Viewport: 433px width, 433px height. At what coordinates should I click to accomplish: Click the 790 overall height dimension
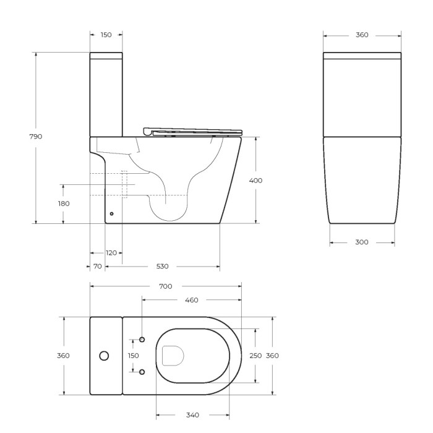tap(36, 137)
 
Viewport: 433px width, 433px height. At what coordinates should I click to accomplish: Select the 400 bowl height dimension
tap(255, 181)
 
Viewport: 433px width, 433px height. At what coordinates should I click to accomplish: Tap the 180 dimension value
tap(64, 204)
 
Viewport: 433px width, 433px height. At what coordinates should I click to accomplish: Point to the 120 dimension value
tap(111, 253)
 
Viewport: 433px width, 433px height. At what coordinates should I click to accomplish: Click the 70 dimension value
tap(98, 267)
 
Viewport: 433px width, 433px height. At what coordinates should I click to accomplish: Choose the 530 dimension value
tap(162, 267)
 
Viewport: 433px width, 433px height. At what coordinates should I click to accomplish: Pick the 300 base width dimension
tap(362, 242)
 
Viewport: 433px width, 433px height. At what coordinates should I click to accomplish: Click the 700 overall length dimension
tap(165, 286)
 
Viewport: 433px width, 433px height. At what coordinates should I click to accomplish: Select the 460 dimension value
tap(192, 300)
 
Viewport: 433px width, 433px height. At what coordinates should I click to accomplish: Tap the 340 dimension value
tap(192, 414)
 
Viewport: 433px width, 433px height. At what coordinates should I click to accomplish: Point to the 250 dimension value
tap(255, 356)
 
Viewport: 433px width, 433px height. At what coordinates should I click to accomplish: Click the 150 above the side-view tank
tap(106, 35)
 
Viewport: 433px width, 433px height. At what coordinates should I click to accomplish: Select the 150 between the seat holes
tap(134, 356)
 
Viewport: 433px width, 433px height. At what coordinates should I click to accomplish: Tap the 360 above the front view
tap(362, 35)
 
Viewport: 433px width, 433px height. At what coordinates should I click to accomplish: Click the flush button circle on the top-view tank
tap(104, 356)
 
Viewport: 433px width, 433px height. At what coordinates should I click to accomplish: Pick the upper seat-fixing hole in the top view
tap(142, 340)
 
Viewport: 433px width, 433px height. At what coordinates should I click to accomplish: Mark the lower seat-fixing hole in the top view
tap(142, 372)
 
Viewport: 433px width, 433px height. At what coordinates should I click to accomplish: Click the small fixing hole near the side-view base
tap(111, 214)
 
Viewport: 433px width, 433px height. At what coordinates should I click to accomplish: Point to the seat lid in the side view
tap(192, 131)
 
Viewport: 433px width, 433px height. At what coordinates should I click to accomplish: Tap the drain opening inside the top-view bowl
tap(173, 356)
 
